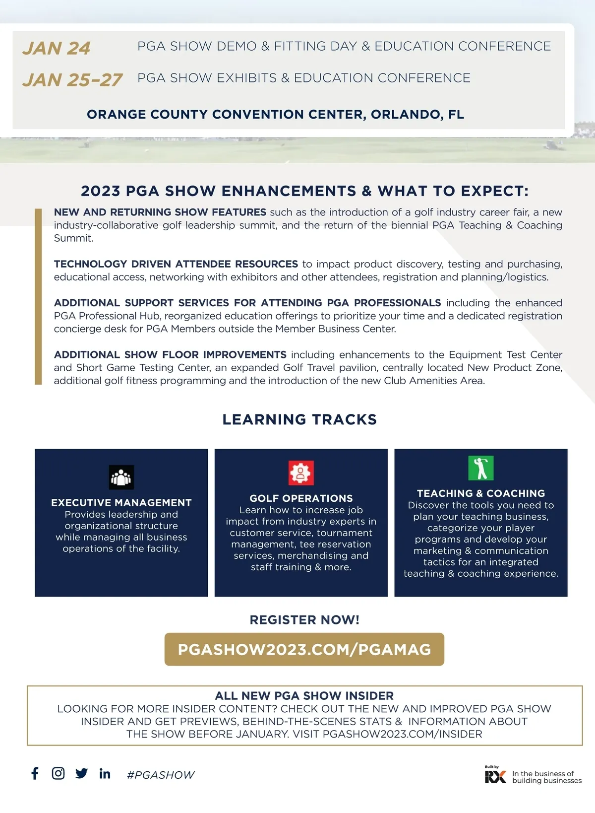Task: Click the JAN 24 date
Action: pyautogui.click(x=56, y=48)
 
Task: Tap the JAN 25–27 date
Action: pyautogui.click(x=72, y=80)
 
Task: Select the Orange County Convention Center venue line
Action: pyautogui.click(x=275, y=115)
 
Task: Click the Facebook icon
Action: pyautogui.click(x=35, y=773)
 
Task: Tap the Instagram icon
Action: pyautogui.click(x=58, y=773)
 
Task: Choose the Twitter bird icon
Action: pyautogui.click(x=81, y=773)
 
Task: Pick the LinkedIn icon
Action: pyautogui.click(x=105, y=773)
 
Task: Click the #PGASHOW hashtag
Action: pyautogui.click(x=161, y=775)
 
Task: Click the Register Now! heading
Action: pyautogui.click(x=304, y=620)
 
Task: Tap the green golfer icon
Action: pyautogui.click(x=480, y=468)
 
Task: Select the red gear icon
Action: pyautogui.click(x=301, y=473)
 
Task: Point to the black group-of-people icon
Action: pyautogui.click(x=121, y=477)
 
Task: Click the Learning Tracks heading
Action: pyautogui.click(x=299, y=420)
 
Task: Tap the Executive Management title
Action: pyautogui.click(x=121, y=503)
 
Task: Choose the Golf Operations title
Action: pyautogui.click(x=301, y=498)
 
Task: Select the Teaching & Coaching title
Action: pyautogui.click(x=480, y=493)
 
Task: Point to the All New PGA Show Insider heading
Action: pyautogui.click(x=304, y=696)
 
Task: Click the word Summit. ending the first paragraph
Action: pyautogui.click(x=73, y=238)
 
